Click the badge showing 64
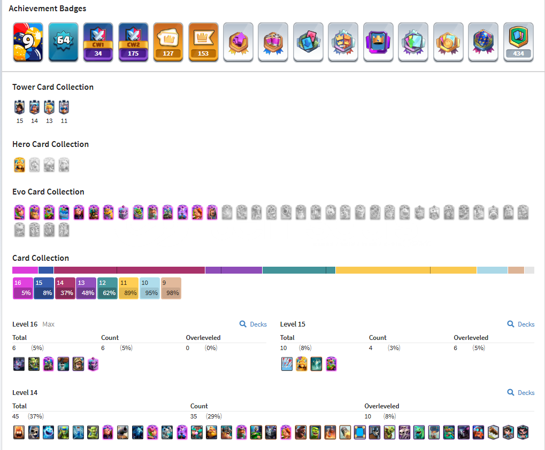coord(63,42)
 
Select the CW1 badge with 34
coord(98,42)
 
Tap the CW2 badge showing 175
coord(133,42)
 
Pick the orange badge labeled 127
coord(168,42)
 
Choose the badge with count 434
coord(518,42)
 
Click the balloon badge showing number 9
coord(28,42)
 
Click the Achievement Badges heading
coord(48,9)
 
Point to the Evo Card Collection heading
coord(48,192)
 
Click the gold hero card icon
coord(20,165)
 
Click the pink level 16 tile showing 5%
coord(22,288)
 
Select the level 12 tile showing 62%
coord(108,288)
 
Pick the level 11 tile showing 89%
coord(128,288)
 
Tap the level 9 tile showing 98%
coord(171,288)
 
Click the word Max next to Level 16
coord(48,324)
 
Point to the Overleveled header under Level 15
coord(471,338)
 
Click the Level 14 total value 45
coord(16,416)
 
